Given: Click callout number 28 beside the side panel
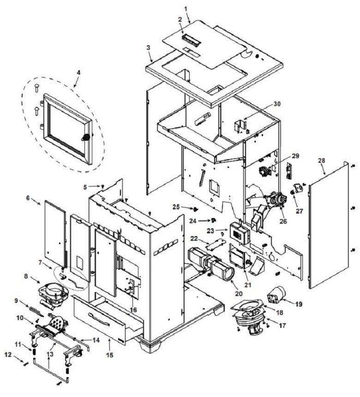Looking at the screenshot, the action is [x=322, y=160].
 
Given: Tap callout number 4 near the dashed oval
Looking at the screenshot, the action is [x=78, y=72].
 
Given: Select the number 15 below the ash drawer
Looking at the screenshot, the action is [x=109, y=355].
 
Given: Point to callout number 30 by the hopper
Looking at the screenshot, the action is [x=277, y=104].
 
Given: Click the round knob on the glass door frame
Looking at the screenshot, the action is [x=86, y=137].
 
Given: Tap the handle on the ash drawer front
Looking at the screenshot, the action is [x=99, y=320].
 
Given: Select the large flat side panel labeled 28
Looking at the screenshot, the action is [x=329, y=225].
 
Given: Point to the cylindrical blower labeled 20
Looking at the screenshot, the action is [x=211, y=265].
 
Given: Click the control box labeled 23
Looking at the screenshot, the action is [x=240, y=233].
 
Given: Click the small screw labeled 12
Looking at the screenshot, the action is [x=26, y=364].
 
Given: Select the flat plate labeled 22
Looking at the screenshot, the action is [x=215, y=243].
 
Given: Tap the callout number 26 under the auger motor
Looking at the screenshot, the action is [x=283, y=221].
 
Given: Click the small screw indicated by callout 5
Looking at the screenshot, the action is [x=103, y=186].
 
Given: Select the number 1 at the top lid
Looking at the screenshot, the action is [x=186, y=9].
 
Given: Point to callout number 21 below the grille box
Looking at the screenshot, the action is [x=247, y=284].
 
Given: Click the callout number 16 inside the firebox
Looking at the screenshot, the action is [x=133, y=309].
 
